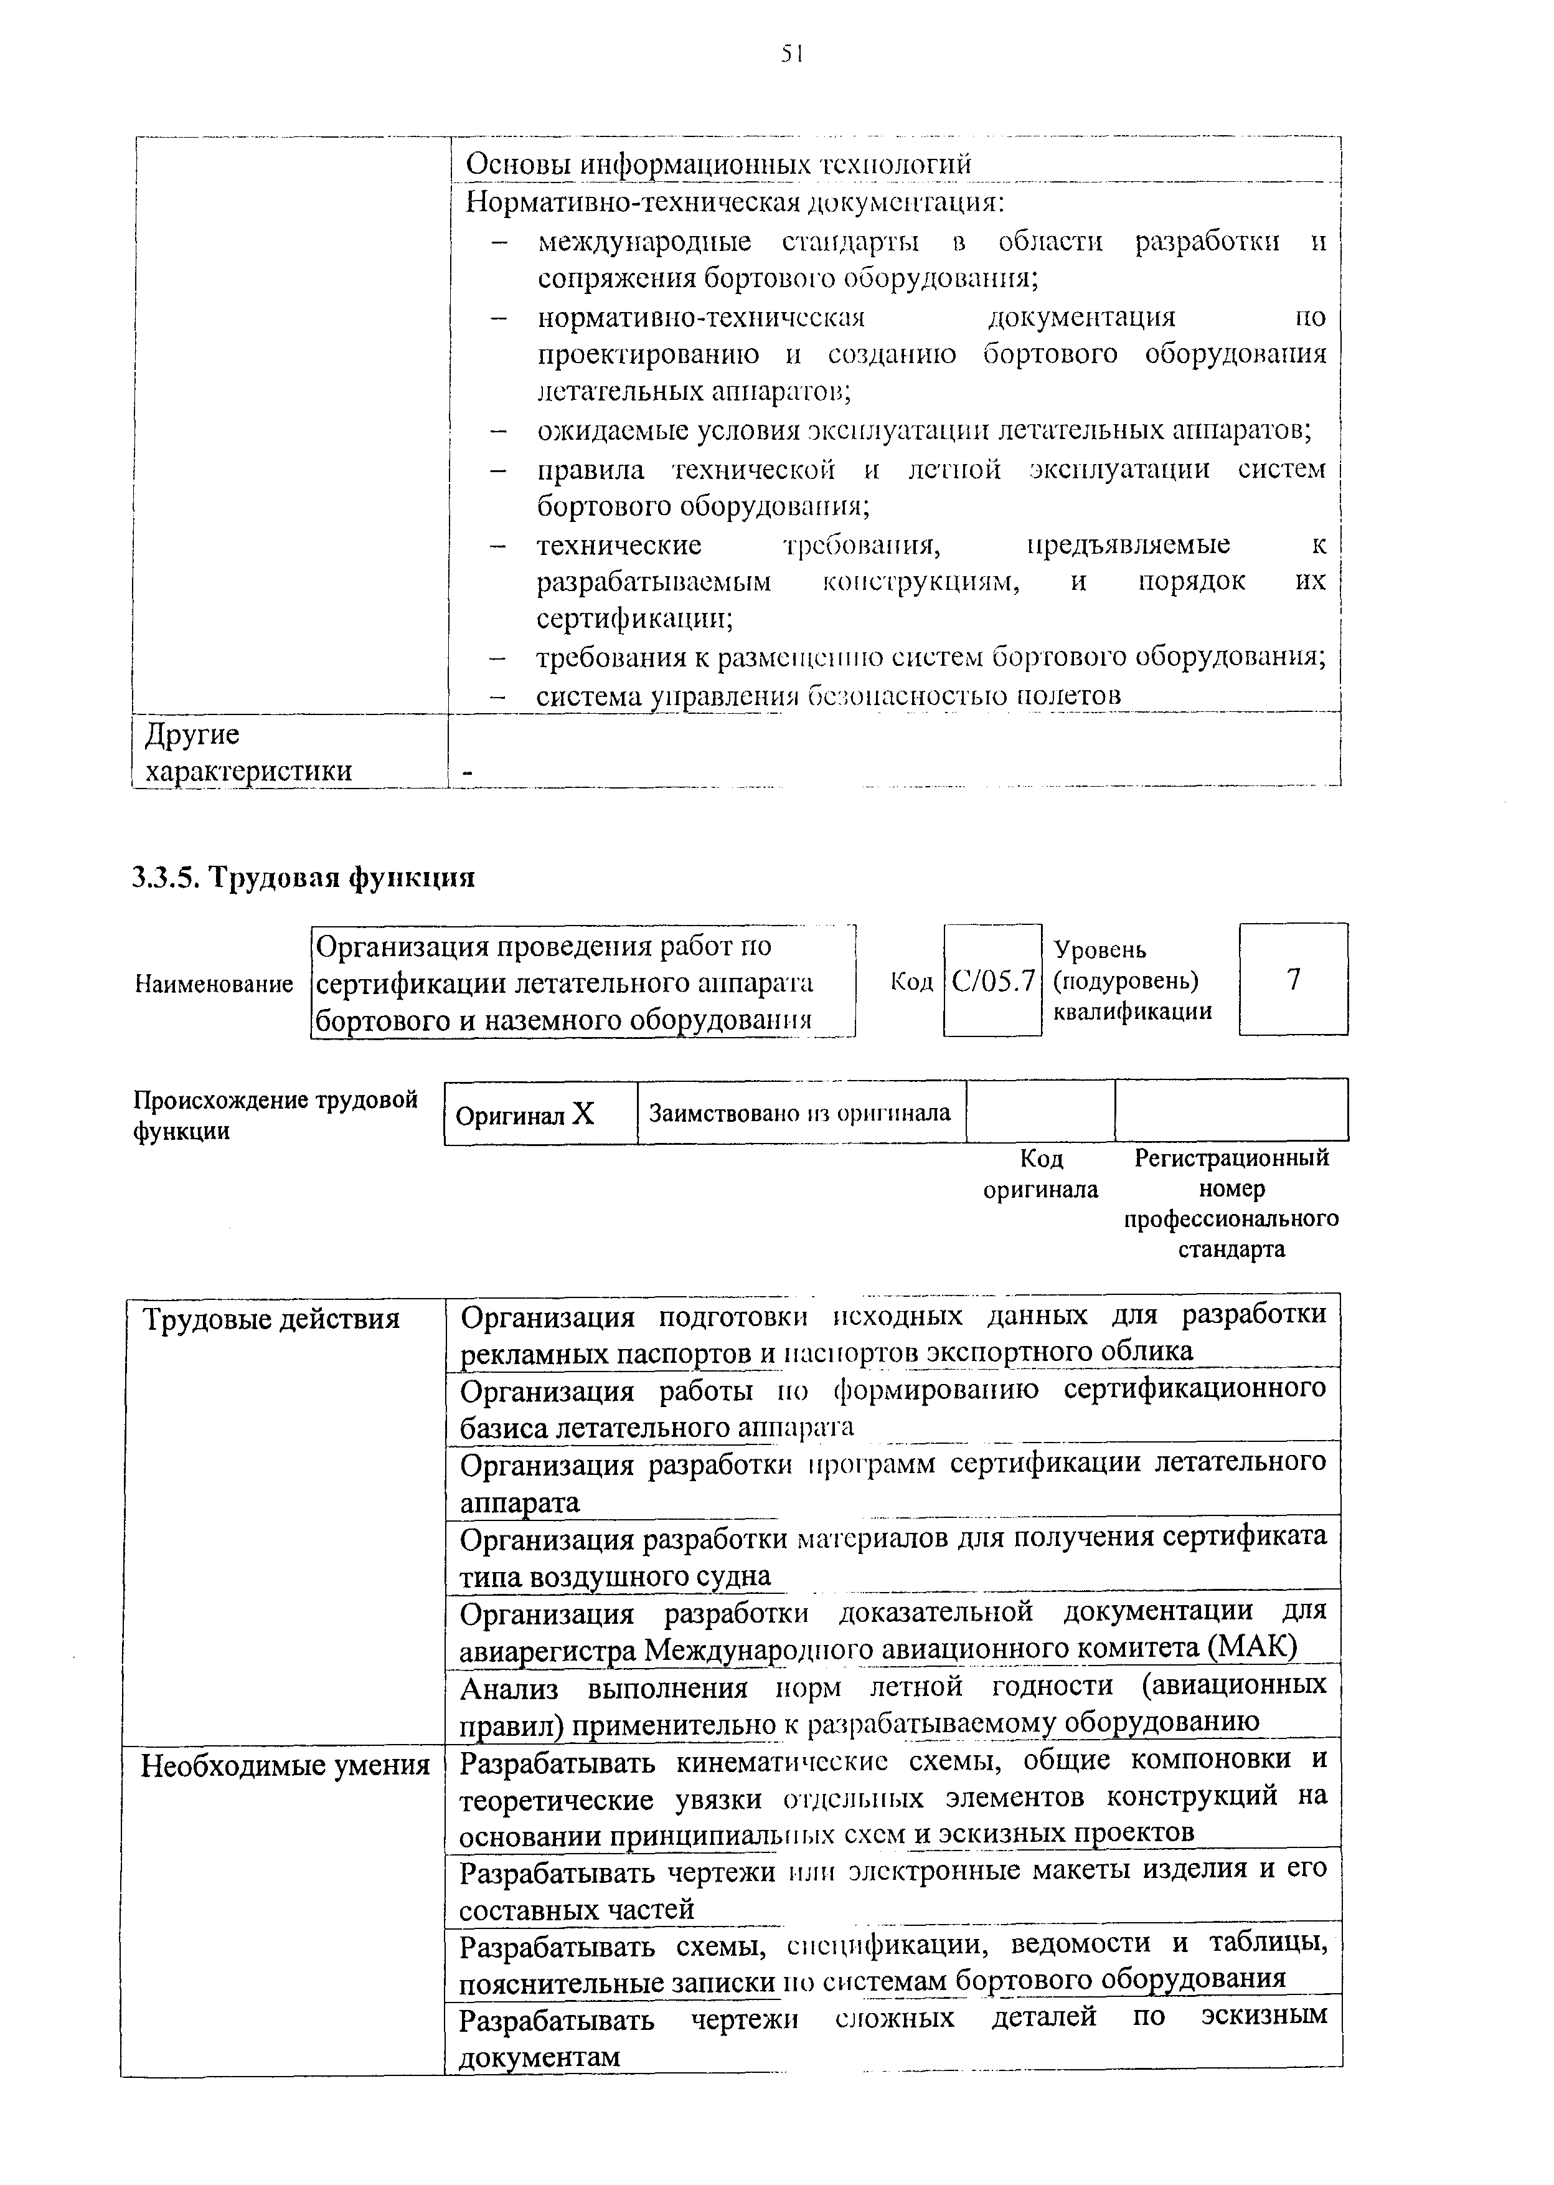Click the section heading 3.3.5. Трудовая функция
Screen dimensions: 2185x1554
pos(303,877)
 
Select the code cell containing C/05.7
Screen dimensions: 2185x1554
pos(992,980)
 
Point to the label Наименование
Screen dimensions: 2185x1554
pos(214,984)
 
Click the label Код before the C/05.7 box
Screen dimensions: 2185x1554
pos(911,982)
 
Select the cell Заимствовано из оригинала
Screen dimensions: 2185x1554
pos(800,1113)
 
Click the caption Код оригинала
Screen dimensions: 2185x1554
pos(1041,1173)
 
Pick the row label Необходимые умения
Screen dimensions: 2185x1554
pos(285,1765)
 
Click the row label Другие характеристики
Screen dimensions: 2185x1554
pos(248,752)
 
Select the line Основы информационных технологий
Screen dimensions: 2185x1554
pos(718,164)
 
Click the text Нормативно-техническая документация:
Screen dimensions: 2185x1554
pos(735,203)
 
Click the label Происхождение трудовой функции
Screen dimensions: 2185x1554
pos(276,1115)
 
